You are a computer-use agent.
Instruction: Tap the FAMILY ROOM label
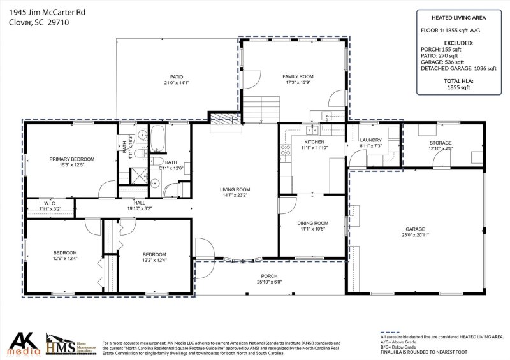tap(298, 76)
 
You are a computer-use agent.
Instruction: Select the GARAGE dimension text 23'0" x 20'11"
tap(415, 236)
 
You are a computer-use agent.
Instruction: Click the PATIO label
tap(168, 76)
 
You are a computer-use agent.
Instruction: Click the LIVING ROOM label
tap(235, 189)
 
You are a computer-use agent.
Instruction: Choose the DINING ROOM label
tap(312, 223)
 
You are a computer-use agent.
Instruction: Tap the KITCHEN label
tap(314, 142)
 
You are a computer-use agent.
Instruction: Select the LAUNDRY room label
tap(370, 140)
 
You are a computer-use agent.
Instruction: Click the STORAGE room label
tap(440, 143)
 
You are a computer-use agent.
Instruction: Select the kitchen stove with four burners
tap(285, 152)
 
